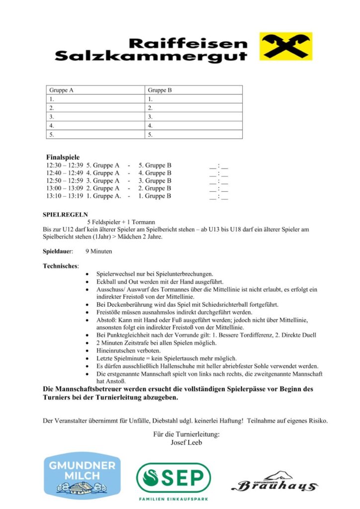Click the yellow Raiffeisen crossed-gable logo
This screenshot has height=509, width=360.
[285, 46]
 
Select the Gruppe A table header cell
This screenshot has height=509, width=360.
[96, 90]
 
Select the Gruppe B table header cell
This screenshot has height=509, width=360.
[194, 90]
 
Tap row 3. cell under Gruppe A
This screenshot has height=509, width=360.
[96, 117]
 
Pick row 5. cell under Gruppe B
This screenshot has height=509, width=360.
[194, 135]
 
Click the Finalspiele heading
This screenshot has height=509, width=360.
[63, 157]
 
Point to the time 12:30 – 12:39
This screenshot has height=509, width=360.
[65, 165]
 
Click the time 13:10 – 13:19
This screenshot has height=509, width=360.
[65, 196]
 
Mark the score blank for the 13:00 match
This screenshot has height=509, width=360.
[219, 189]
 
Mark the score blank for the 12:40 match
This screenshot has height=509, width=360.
[219, 173]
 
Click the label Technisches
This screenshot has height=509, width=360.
[61, 266]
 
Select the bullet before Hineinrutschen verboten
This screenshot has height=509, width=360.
[88, 350]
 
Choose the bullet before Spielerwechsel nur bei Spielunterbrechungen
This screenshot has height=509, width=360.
[88, 274]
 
